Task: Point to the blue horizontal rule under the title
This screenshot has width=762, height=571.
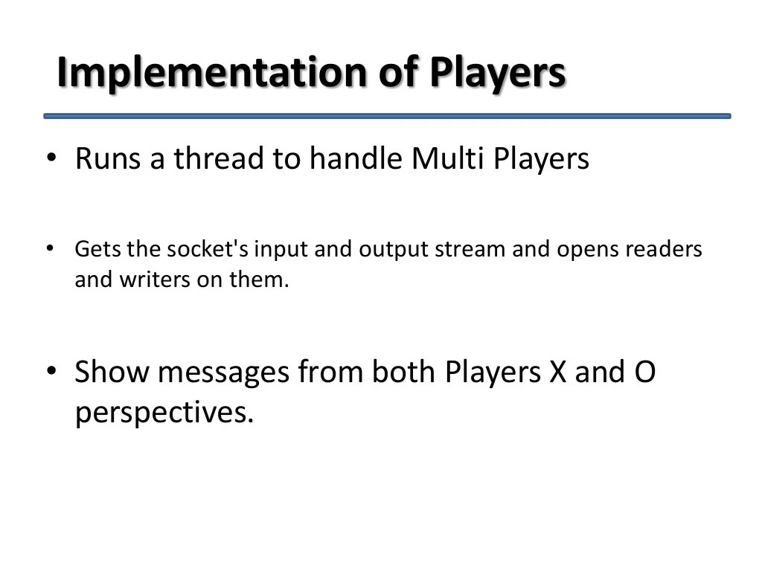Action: point(387,116)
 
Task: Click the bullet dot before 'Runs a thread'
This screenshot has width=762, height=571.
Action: point(51,158)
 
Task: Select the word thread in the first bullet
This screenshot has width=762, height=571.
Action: point(220,158)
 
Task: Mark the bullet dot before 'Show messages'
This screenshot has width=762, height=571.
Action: point(51,371)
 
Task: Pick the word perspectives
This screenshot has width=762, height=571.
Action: point(164,413)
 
